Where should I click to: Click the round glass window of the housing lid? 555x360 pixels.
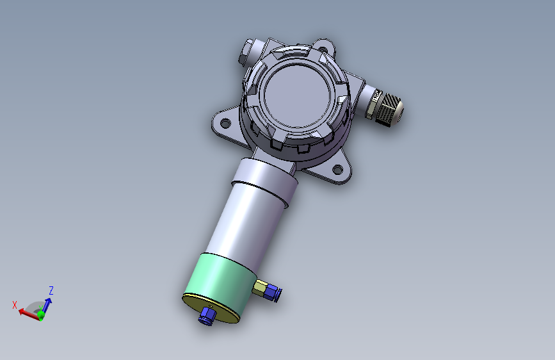click(297, 95)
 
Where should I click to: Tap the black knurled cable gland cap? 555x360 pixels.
click(389, 109)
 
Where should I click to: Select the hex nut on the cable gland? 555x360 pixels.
click(373, 104)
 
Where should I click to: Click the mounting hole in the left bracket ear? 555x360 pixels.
click(225, 124)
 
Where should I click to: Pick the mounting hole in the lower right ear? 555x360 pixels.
click(337, 170)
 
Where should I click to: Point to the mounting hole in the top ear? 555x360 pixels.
click(323, 49)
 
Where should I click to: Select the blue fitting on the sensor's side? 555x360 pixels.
click(273, 293)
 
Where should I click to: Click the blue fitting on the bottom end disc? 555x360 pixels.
click(206, 315)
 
